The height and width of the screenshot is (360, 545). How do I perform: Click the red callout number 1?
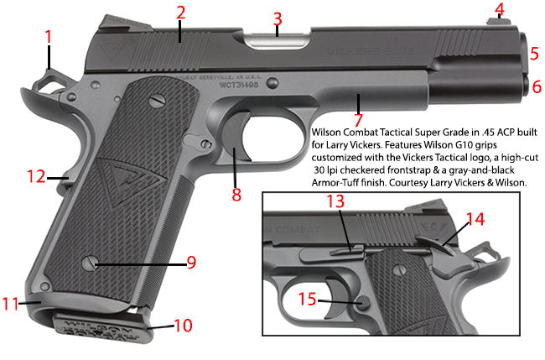click(49, 37)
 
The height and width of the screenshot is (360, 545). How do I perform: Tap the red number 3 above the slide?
click(278, 18)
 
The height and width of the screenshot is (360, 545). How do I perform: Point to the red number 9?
click(191, 263)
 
